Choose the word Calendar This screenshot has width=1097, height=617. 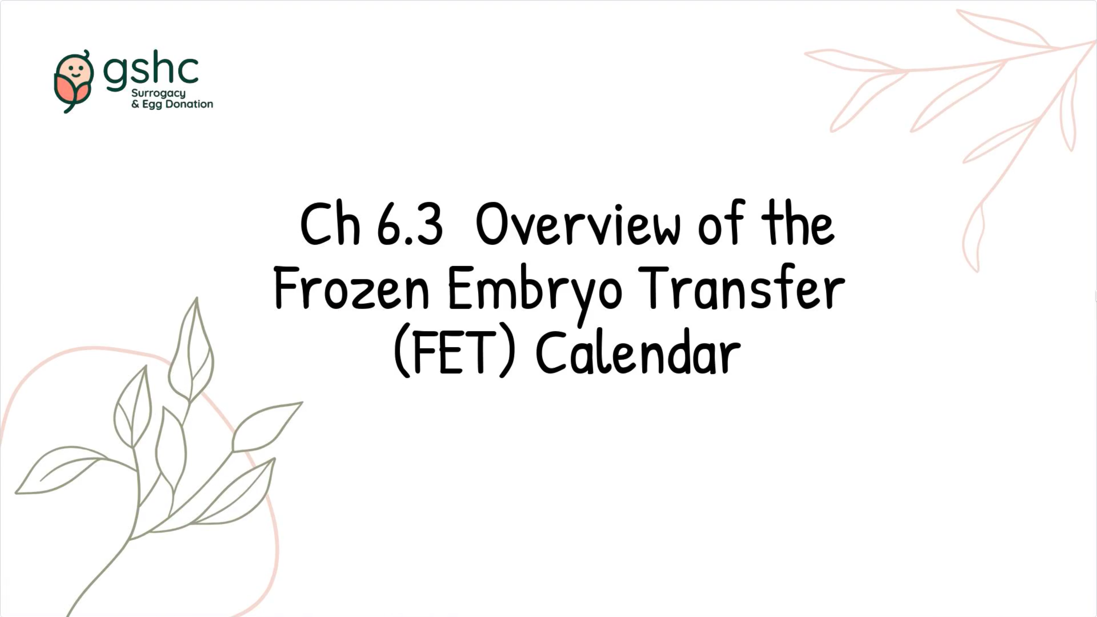638,352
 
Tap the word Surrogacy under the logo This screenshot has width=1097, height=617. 159,94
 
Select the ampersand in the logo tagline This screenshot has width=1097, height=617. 135,104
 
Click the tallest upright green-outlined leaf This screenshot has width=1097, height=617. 192,350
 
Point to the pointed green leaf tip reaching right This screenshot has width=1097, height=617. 301,402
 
